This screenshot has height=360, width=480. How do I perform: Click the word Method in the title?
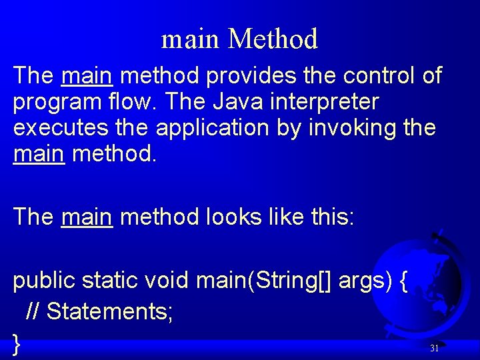[x=273, y=39]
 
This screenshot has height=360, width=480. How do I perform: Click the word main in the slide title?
[x=190, y=39]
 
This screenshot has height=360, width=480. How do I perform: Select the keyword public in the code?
[x=44, y=281]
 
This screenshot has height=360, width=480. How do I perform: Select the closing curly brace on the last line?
[x=17, y=343]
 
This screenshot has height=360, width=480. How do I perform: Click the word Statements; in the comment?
[x=111, y=311]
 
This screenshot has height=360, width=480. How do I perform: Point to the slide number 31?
[x=434, y=348]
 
